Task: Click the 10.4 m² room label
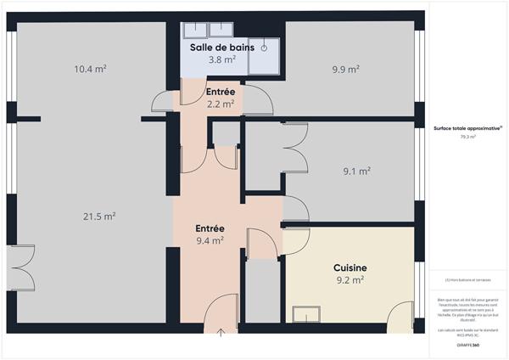tap(90, 69)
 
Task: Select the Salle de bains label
tap(221, 47)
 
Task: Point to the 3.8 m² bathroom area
tap(221, 59)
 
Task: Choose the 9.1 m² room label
tap(356, 171)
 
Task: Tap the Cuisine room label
tap(350, 267)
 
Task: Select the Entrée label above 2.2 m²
tap(221, 91)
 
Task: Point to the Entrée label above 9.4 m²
tap(210, 228)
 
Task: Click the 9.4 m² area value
tap(210, 240)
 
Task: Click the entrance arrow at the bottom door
tap(221, 332)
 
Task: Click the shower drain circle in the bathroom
tap(264, 48)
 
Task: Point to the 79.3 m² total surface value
tap(467, 137)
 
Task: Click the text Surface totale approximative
tap(467, 128)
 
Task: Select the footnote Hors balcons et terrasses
tap(467, 280)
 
